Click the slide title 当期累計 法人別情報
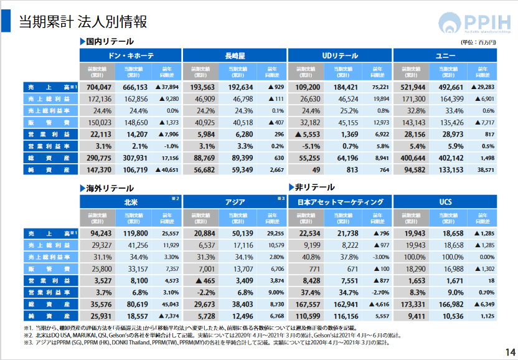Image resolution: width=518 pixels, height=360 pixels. click(82, 22)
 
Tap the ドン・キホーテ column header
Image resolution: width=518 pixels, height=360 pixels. click(131, 55)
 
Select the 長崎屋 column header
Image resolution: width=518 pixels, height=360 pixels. click(235, 55)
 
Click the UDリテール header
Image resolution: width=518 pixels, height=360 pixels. click(339, 55)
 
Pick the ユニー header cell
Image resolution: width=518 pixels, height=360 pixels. click(445, 55)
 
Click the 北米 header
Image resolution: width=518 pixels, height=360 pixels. click(131, 202)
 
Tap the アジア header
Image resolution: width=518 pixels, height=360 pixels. click(235, 202)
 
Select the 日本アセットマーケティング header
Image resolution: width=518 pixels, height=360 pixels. click(340, 202)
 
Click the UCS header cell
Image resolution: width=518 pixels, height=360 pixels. click(445, 202)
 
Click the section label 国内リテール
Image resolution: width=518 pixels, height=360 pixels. click(110, 41)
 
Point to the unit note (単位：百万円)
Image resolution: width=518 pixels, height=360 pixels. click(478, 42)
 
